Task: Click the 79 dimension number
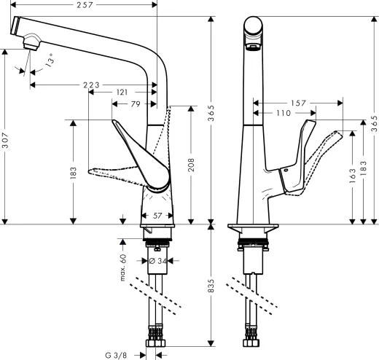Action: coord(136,103)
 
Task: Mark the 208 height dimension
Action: coord(192,164)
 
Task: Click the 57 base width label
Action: coord(158,216)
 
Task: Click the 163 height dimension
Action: coord(353,175)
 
